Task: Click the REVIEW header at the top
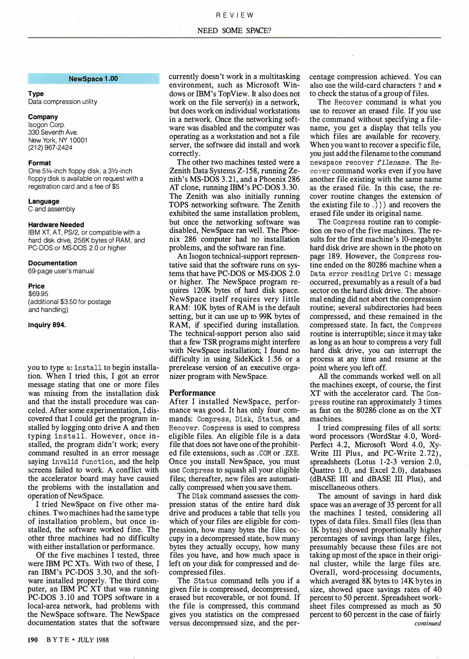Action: pos(234,15)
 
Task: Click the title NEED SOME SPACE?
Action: pos(234,31)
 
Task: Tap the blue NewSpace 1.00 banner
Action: pos(93,79)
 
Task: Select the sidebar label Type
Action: pos(36,94)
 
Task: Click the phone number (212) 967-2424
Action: pos(50,148)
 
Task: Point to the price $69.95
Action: pos(38,294)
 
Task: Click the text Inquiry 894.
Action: pos(47,325)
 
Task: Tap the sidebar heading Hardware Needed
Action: pos(56,225)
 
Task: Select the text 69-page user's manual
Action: pos(61,271)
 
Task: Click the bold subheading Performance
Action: pos(192,393)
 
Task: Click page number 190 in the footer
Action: pos(33,640)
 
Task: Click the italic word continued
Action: pos(427,623)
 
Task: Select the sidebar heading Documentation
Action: pos(53,263)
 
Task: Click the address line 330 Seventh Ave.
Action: pos(53,132)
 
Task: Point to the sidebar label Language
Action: pos(44,201)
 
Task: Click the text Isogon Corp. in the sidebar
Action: pos(47,125)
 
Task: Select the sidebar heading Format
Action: pos(39,163)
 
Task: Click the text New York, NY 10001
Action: pos(58,140)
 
